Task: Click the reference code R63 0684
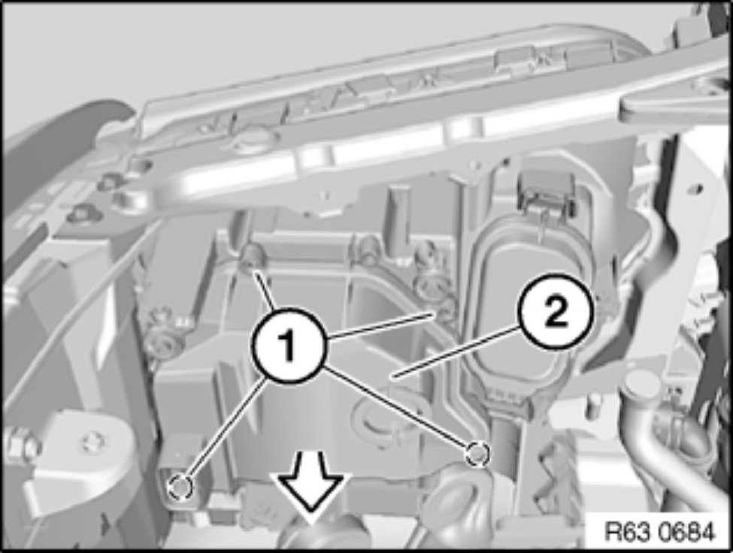point(660,531)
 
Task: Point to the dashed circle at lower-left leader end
point(180,488)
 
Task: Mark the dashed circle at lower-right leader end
point(477,453)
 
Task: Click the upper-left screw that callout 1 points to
point(253,258)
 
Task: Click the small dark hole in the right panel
point(698,189)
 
